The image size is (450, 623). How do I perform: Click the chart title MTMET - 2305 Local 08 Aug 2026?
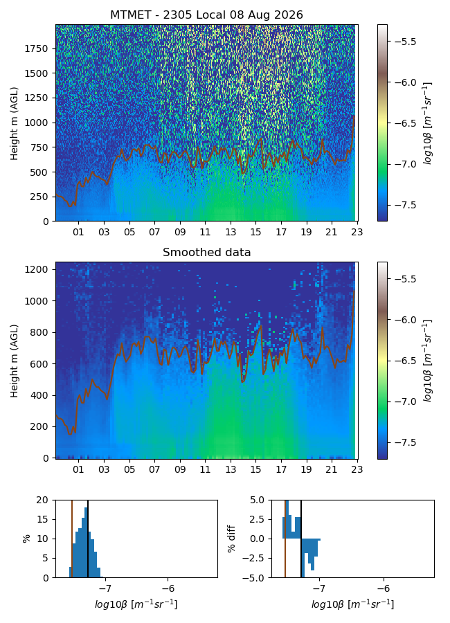[206, 15]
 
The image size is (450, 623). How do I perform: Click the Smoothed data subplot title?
[206, 252]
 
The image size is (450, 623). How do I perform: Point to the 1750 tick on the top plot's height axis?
[36, 49]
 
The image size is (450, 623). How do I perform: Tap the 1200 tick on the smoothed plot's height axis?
[36, 270]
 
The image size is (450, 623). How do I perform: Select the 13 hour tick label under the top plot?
[231, 232]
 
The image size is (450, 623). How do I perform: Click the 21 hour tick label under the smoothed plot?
[332, 469]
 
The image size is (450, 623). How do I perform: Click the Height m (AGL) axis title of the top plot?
[15, 124]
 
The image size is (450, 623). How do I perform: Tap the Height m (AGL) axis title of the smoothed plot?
[15, 361]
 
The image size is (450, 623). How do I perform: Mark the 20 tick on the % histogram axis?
[42, 500]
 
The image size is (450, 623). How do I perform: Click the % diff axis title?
[231, 539]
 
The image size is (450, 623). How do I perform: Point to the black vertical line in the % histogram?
[88, 539]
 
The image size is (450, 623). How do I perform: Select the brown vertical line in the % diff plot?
[285, 539]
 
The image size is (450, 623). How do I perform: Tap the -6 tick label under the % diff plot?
[384, 588]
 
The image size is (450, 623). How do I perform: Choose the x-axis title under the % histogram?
[136, 604]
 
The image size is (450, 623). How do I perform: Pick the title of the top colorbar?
[427, 123]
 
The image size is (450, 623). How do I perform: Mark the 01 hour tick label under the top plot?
[78, 232]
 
